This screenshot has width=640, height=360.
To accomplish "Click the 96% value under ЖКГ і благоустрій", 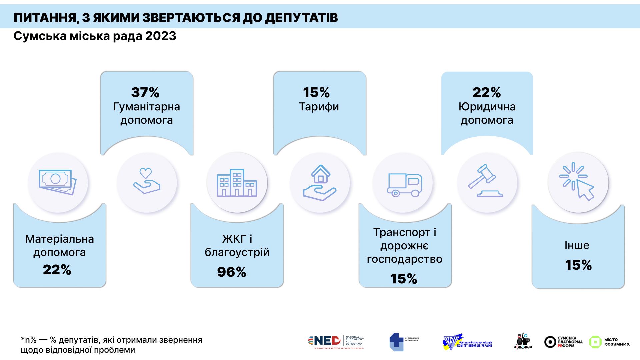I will click(x=232, y=272).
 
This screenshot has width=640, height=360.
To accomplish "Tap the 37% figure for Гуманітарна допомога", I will click(x=145, y=92).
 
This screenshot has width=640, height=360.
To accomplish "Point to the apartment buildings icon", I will click(x=237, y=183).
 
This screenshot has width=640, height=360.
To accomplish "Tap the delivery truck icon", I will click(x=405, y=185).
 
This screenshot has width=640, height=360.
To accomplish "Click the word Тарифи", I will click(x=319, y=107).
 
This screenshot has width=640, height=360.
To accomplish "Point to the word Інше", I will click(x=577, y=245).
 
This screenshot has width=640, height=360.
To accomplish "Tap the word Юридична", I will click(x=487, y=107).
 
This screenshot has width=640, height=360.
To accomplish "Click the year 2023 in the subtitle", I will click(x=161, y=36).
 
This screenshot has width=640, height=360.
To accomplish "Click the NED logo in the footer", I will click(x=336, y=342).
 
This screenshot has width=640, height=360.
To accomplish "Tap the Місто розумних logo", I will click(x=609, y=342).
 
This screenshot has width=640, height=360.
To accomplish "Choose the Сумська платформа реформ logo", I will click(x=563, y=342).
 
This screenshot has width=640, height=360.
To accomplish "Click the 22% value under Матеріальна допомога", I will click(x=57, y=270).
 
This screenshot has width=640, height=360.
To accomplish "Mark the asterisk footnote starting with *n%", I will click(x=111, y=345).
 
